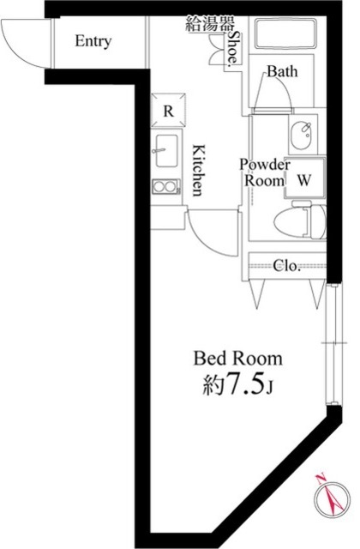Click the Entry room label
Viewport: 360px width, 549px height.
point(93,41)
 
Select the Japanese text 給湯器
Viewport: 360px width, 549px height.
point(209,24)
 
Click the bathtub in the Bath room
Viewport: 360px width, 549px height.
point(285,34)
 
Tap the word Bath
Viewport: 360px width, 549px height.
point(282,71)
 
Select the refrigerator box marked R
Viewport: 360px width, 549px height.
point(168,110)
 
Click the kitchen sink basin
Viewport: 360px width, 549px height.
point(166,151)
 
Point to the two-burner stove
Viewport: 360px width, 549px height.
point(166,187)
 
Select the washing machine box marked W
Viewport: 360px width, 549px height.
point(304,178)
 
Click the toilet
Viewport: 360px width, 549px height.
point(300,220)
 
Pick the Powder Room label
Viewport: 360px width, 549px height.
point(265,172)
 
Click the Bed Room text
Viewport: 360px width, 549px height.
point(238,359)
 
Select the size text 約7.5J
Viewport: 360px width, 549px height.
point(238,384)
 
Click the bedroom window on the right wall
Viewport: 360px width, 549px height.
point(332,344)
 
